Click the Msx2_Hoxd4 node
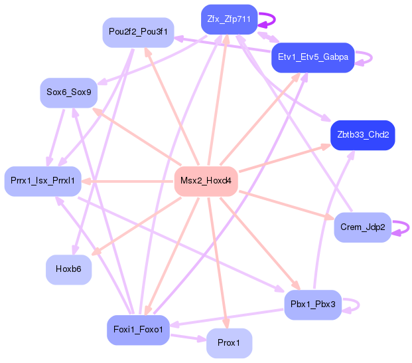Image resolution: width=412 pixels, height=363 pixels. (206, 181)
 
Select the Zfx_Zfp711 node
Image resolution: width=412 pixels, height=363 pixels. (229, 19)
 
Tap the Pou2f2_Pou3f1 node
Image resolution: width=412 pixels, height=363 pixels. (138, 33)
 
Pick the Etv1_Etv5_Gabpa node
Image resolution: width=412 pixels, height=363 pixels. (313, 57)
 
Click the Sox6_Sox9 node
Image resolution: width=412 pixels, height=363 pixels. (69, 92)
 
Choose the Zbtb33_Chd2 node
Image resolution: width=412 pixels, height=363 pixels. (363, 136)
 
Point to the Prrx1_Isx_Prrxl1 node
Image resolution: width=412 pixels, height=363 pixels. (43, 181)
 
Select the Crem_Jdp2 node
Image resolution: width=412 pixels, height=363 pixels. (363, 227)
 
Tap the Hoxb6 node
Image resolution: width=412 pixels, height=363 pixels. (68, 269)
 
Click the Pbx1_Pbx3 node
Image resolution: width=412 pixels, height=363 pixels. (313, 304)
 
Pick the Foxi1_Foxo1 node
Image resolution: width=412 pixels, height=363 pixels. (138, 330)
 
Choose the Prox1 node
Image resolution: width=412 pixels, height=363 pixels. (229, 343)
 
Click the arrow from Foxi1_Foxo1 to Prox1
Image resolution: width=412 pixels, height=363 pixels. (188, 338)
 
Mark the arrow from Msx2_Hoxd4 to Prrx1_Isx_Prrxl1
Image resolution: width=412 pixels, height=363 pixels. (127, 181)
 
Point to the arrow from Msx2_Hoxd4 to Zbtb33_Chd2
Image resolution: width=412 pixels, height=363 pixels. (285, 158)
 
